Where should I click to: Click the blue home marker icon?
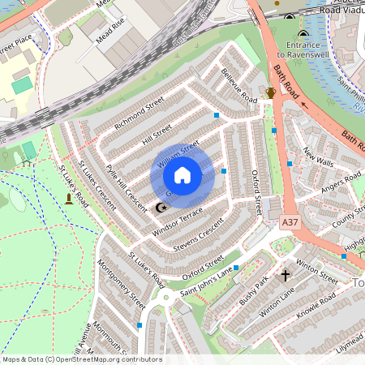click(182, 175)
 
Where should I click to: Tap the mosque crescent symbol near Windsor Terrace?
click(161, 208)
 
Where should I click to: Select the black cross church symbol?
click(285, 276)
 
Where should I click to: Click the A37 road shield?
click(290, 220)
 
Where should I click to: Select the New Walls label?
click(318, 157)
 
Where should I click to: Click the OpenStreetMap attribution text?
click(81, 359)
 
